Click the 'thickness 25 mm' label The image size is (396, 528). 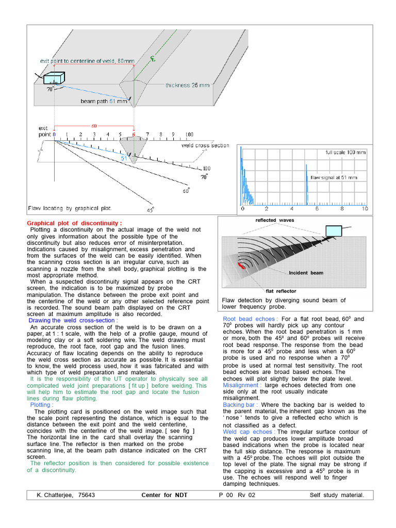point(188,85)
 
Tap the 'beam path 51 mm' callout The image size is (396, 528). point(104,102)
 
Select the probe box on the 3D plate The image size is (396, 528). point(52,79)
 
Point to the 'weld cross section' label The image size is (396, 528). point(205,145)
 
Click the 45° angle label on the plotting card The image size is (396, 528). point(151,210)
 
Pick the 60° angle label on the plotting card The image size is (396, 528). point(186,190)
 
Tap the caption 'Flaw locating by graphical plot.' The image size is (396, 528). point(70,209)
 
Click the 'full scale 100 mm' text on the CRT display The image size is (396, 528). point(346,153)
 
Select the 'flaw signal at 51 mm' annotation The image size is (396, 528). point(334,177)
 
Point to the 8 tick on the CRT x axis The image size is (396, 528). point(341,209)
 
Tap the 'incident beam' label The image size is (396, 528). point(306,273)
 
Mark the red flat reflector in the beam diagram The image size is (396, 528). point(241,266)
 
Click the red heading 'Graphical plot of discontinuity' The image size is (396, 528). point(74,223)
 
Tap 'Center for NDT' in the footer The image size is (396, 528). point(164,495)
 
